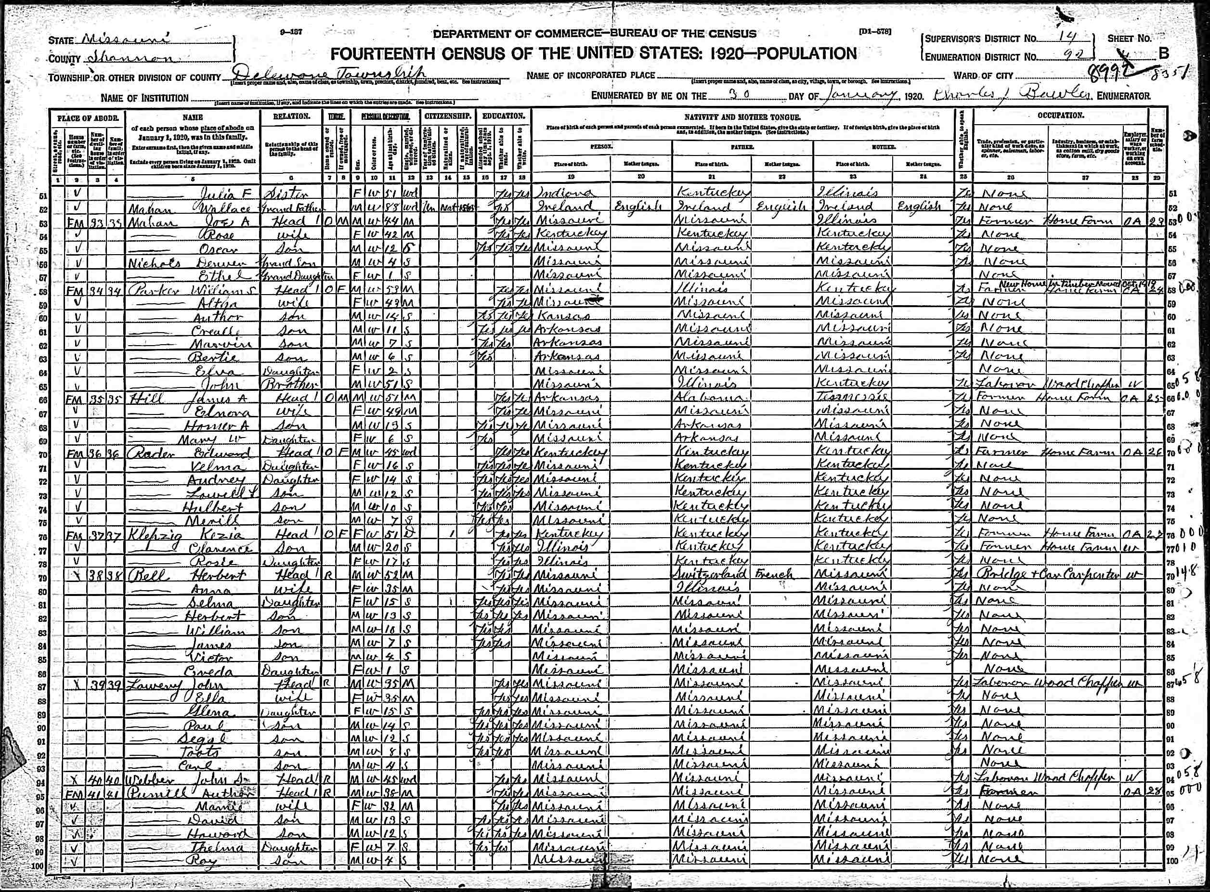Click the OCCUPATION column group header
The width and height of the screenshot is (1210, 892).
pyautogui.click(x=1060, y=116)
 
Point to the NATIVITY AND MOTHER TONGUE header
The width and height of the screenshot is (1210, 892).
pyautogui.click(x=742, y=116)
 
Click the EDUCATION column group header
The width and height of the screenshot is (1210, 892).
pyautogui.click(x=503, y=116)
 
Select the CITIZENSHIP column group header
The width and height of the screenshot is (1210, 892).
pyautogui.click(x=448, y=116)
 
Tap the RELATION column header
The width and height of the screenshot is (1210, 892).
pyautogui.click(x=292, y=116)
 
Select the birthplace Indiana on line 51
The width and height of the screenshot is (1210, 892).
pyautogui.click(x=564, y=193)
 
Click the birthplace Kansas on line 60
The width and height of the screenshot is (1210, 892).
pyautogui.click(x=561, y=315)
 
